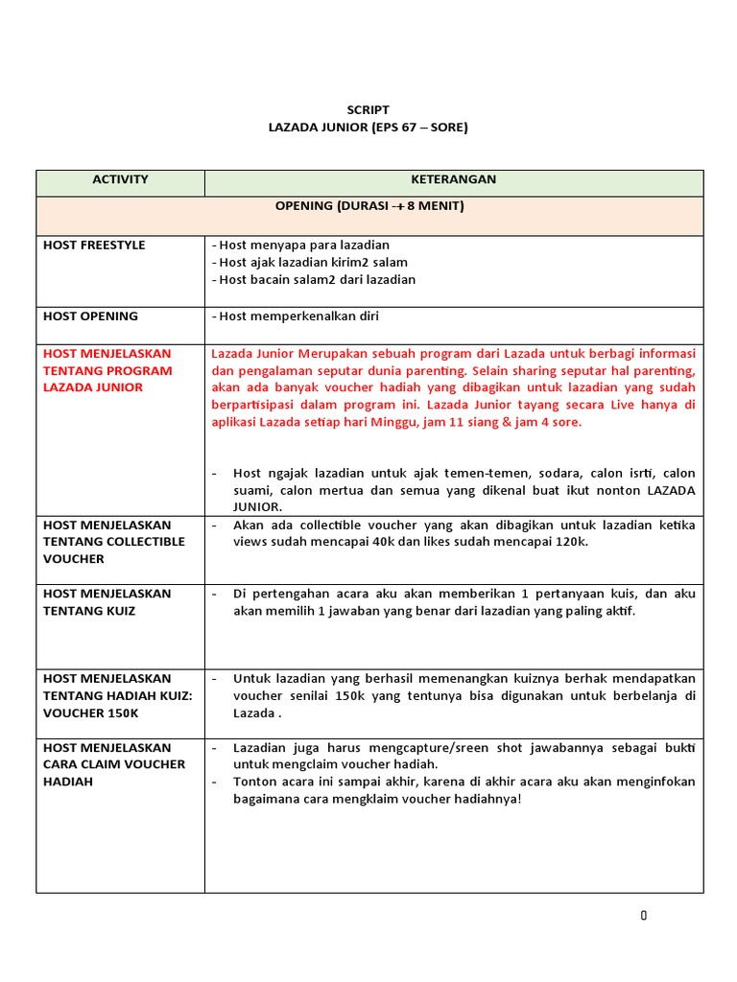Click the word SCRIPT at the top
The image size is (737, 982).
[368, 110]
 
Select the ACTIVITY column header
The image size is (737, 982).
[120, 179]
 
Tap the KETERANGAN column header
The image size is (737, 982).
[454, 179]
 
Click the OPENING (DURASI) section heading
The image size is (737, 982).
[369, 206]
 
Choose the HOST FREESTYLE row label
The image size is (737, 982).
[94, 245]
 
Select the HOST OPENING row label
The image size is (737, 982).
[90, 316]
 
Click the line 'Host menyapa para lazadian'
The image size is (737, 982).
[300, 245]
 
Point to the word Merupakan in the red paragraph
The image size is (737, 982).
[333, 353]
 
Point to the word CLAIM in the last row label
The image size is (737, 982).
[94, 764]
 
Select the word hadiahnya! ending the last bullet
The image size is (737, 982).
[487, 799]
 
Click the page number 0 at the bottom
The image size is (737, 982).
[644, 916]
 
